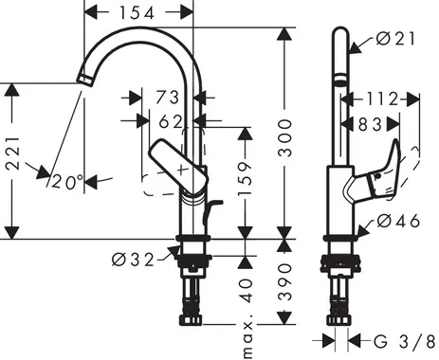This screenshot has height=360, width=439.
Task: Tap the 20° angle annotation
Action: pos(68,180)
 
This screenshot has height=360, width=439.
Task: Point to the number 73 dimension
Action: pos(168,98)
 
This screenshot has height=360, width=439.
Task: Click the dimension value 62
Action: pos(171,121)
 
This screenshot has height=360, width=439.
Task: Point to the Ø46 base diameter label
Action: pos(396,221)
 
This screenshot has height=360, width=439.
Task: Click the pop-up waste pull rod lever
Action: pos(213,206)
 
